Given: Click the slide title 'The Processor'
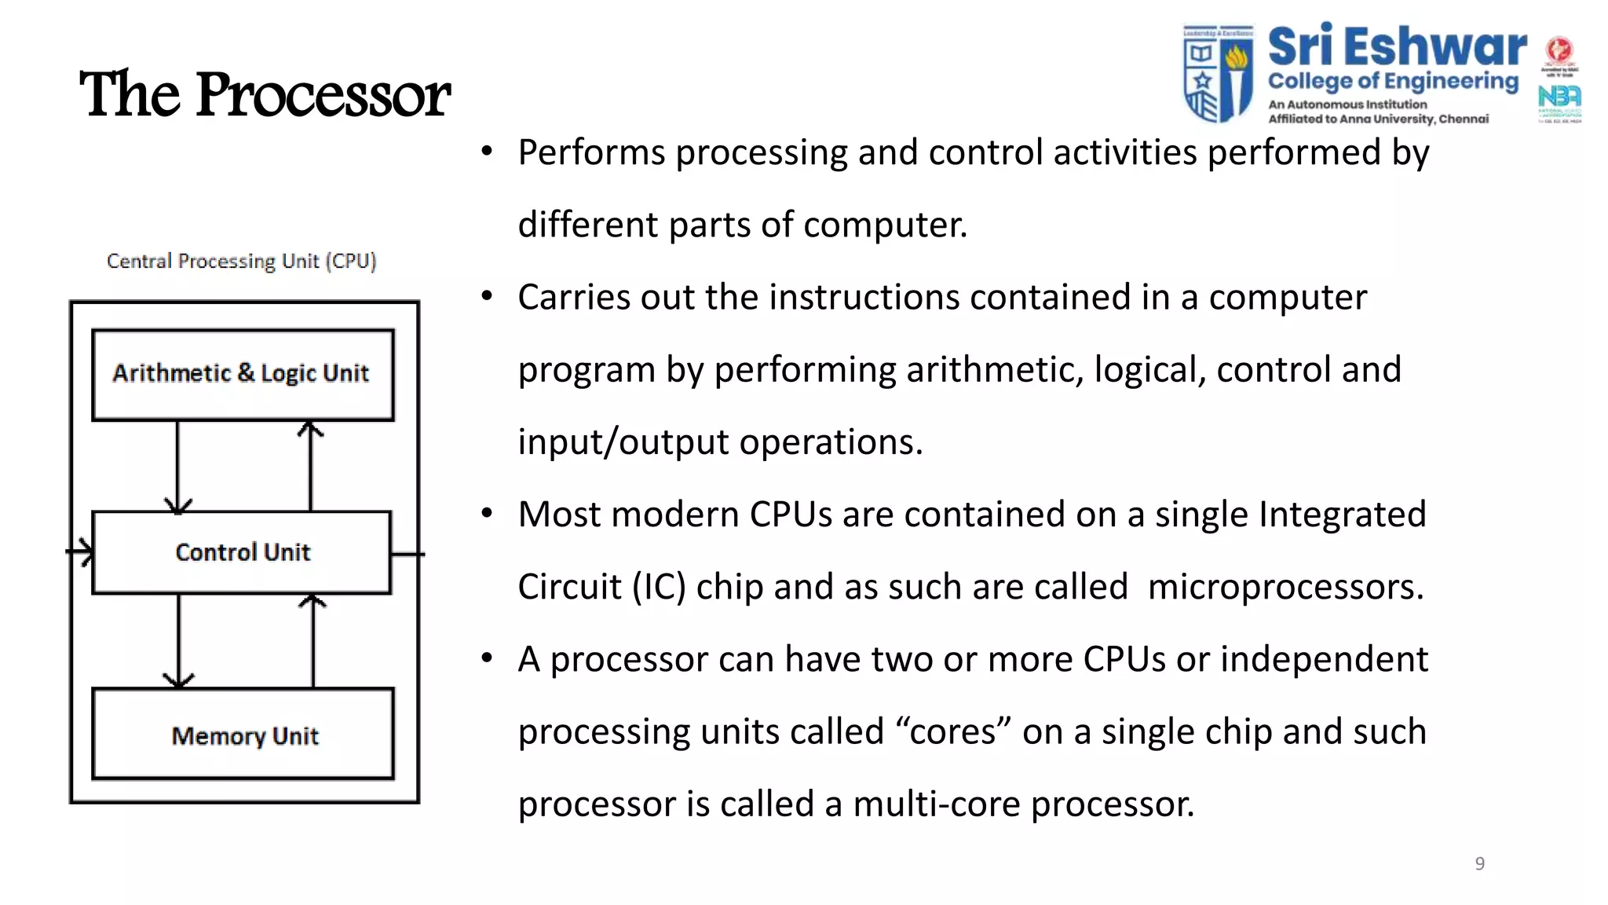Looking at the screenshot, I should pyautogui.click(x=265, y=94).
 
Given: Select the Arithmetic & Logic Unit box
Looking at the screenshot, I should pyautogui.click(x=242, y=374).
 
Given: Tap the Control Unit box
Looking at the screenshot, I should pyautogui.click(x=242, y=552).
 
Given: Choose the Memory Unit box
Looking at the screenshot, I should pyautogui.click(x=243, y=735).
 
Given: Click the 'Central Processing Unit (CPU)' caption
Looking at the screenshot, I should pyautogui.click(x=241, y=261).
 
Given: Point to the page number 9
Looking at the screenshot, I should pyautogui.click(x=1479, y=863).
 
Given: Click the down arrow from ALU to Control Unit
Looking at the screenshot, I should pyautogui.click(x=177, y=467).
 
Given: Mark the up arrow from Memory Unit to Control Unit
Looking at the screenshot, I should pyautogui.click(x=312, y=642).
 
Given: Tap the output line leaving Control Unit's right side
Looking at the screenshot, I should pyautogui.click(x=407, y=554).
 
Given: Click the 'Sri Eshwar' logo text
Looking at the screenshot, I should pyautogui.click(x=1397, y=47).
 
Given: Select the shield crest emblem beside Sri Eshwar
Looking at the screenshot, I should pyautogui.click(x=1218, y=73).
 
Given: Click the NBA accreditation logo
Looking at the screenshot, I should pyautogui.click(x=1559, y=98).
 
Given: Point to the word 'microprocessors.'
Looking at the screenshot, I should pyautogui.click(x=1285, y=587).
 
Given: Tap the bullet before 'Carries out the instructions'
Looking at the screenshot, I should pyautogui.click(x=488, y=296).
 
